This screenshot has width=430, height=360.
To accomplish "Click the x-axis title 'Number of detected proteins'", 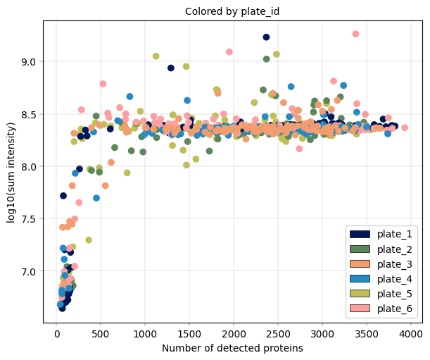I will coord(232,348).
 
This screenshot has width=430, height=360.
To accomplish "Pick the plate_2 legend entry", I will coord(384,249).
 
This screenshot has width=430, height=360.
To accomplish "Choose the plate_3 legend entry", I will coord(384,264).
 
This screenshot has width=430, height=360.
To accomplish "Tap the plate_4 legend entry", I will coord(384,279).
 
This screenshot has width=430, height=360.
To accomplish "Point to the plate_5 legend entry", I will coord(384,294).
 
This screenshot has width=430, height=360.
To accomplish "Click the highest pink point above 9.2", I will coord(355,34).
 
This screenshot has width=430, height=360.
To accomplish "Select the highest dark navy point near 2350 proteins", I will coord(266,37).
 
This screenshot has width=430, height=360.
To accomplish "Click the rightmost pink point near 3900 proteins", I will coord(405,128).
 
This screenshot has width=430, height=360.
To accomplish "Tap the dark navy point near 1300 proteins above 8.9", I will coord(171,68).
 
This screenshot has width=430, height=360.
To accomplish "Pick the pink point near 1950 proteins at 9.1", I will coord(229,52).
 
